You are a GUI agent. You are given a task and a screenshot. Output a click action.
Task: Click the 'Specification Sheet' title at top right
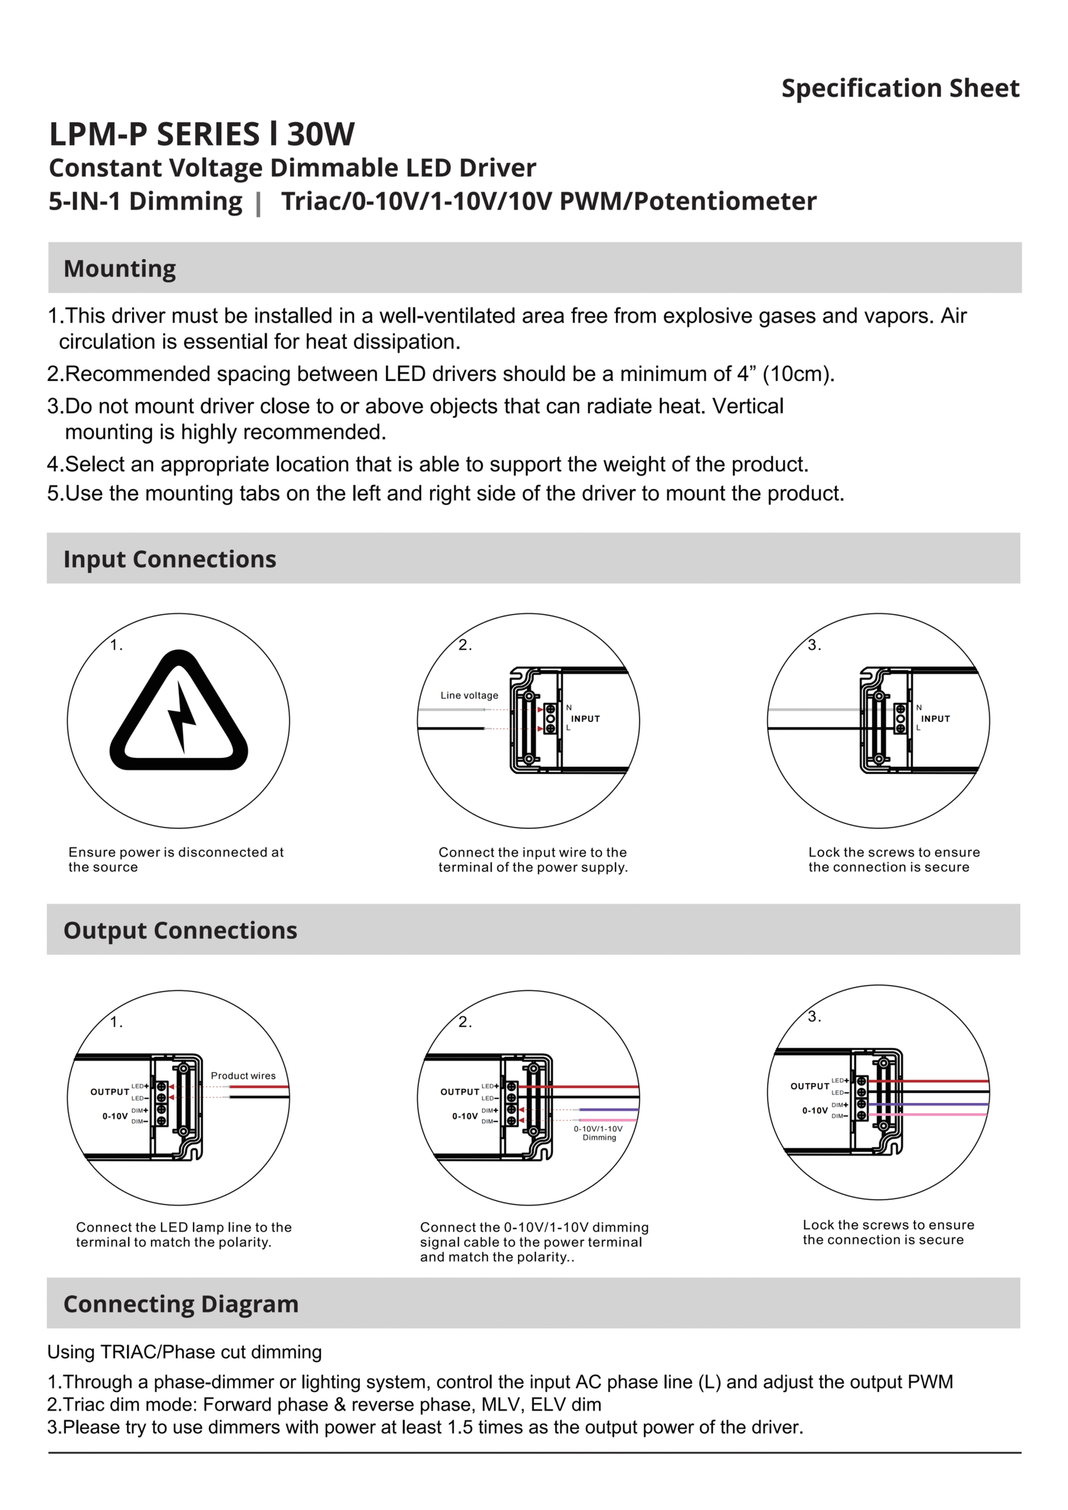[x=900, y=88]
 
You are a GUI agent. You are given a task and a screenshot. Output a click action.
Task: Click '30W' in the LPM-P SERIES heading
[x=321, y=134]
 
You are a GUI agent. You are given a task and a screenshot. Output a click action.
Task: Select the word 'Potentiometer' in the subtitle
[x=724, y=201]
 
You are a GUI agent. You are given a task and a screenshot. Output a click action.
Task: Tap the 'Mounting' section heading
[x=119, y=268]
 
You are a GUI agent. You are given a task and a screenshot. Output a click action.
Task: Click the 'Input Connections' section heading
[x=170, y=558]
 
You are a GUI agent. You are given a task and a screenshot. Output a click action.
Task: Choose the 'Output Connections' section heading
[x=180, y=929]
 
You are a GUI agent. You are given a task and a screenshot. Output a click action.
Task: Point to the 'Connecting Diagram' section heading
[x=181, y=1303]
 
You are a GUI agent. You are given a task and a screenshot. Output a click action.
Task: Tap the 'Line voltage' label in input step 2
[x=469, y=695]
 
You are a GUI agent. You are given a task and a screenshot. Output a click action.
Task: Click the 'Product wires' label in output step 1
[x=243, y=1076]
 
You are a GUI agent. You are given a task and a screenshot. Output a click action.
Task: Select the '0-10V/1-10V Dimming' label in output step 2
[x=598, y=1133]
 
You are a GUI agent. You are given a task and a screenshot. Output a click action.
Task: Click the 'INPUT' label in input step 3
[x=935, y=719]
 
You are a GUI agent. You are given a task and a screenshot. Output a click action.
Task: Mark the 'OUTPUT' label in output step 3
[x=809, y=1086]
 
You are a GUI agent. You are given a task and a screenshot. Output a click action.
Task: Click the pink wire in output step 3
[x=948, y=1114]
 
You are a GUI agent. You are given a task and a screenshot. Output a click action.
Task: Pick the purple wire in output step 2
[x=607, y=1110]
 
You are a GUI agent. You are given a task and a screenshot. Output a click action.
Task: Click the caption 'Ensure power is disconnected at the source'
[x=176, y=859]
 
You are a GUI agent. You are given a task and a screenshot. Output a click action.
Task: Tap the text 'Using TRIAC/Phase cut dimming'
[x=184, y=1352]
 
